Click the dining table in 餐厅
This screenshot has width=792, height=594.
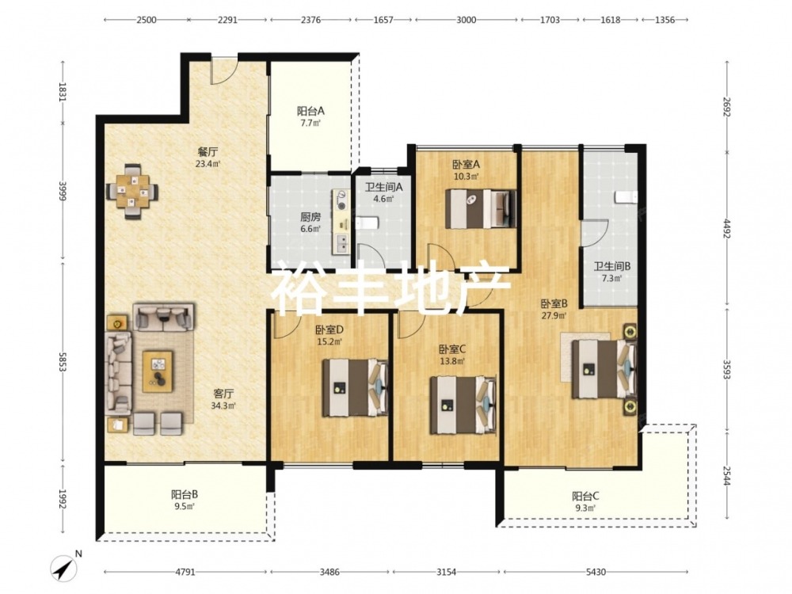click(132, 192)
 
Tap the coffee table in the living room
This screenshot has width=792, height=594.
click(158, 371)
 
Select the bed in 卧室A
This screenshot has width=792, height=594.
click(481, 208)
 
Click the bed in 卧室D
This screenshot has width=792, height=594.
click(356, 387)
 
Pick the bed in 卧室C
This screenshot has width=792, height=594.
click(463, 405)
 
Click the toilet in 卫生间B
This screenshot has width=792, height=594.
click(627, 197)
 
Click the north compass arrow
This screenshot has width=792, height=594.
click(63, 568)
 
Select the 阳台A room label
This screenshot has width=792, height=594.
click(310, 111)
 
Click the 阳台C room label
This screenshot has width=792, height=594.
click(585, 496)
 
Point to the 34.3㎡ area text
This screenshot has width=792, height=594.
click(223, 405)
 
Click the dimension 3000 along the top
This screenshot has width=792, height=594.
click(466, 20)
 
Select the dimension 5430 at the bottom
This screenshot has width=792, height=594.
click(596, 572)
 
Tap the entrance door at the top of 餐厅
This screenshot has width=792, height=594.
click(223, 70)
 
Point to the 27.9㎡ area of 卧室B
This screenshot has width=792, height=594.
click(554, 316)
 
